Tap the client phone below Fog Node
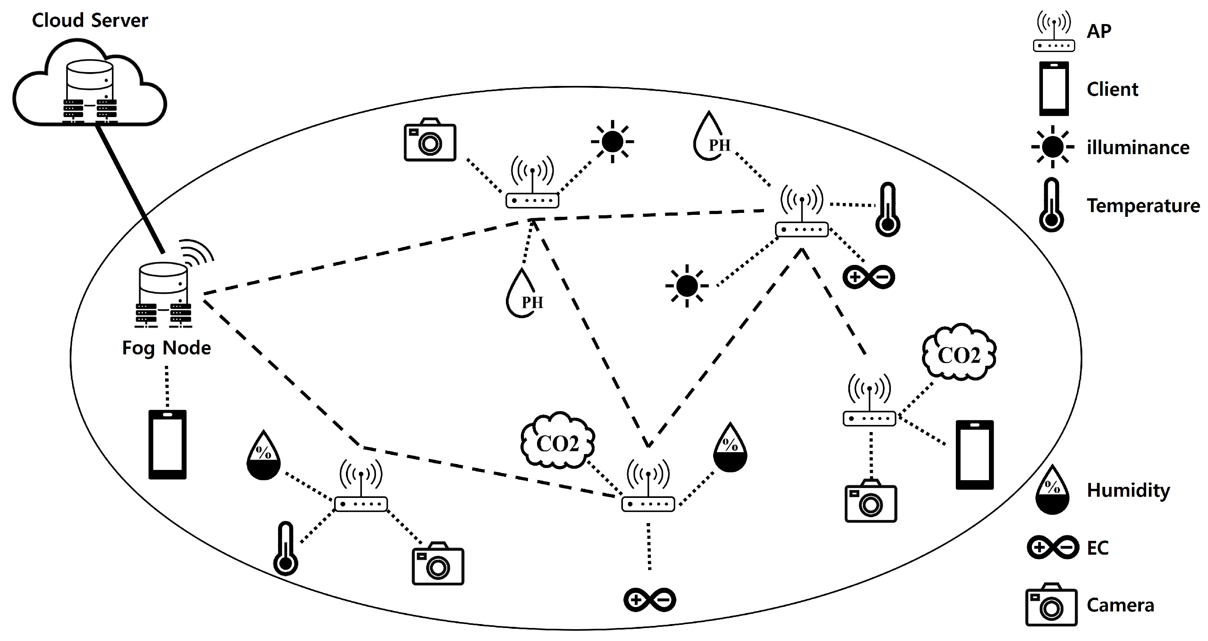[167, 444]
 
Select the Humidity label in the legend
[1128, 490]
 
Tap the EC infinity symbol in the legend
[1053, 547]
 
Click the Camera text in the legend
[1120, 606]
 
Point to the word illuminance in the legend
[1137, 148]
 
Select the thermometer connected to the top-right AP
[888, 210]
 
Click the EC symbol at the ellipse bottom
[649, 599]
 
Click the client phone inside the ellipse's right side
[974, 455]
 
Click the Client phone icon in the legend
[1054, 89]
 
